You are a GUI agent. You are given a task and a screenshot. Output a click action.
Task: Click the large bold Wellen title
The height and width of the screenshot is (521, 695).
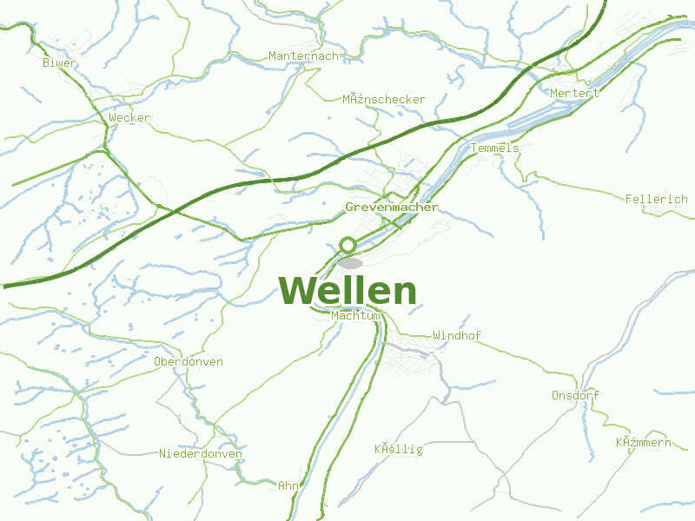coord(347,291)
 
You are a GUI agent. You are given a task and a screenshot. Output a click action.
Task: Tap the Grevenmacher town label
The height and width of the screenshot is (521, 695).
coord(392,208)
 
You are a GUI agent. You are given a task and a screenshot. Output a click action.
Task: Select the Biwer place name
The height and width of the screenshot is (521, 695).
coord(60,63)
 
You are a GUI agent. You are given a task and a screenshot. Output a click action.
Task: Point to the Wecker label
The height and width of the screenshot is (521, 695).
coord(129,117)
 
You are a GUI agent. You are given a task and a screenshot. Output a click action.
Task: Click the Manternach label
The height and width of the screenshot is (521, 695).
coord(303,56)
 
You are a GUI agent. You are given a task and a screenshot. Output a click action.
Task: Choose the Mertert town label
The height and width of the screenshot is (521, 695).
coord(574,93)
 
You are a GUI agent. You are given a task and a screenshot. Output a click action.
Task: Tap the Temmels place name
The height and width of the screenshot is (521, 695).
coord(494,148)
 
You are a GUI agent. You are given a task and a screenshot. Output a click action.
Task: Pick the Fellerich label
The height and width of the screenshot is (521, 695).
coord(656,199)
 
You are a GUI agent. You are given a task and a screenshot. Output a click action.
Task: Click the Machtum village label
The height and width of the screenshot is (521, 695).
coord(356,316)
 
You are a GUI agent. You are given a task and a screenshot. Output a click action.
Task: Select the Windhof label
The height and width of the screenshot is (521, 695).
coord(457,335)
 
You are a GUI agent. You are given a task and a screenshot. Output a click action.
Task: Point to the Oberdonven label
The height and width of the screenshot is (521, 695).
coord(188,361)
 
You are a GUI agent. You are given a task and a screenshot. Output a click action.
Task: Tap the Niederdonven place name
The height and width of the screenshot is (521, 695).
coord(200,453)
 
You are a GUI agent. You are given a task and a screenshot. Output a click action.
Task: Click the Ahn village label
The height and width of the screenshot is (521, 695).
coord(288,485)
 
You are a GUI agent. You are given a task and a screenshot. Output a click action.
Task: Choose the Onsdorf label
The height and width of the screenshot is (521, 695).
coord(575,395)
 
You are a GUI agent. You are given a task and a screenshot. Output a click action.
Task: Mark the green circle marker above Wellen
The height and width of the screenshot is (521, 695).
coord(348,245)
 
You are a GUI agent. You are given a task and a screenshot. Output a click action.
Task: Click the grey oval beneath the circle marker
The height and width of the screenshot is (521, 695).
coord(351,262)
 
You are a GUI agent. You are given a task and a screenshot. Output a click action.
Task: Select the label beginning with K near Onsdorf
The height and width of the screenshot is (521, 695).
coord(644,443)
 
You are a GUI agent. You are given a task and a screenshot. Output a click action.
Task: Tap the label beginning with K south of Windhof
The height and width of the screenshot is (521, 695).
coord(398,449)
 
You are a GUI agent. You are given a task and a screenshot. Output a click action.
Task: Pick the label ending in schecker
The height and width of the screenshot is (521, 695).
coord(384,99)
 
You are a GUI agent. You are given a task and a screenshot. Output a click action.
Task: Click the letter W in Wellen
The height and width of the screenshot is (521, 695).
coord(297,291)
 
